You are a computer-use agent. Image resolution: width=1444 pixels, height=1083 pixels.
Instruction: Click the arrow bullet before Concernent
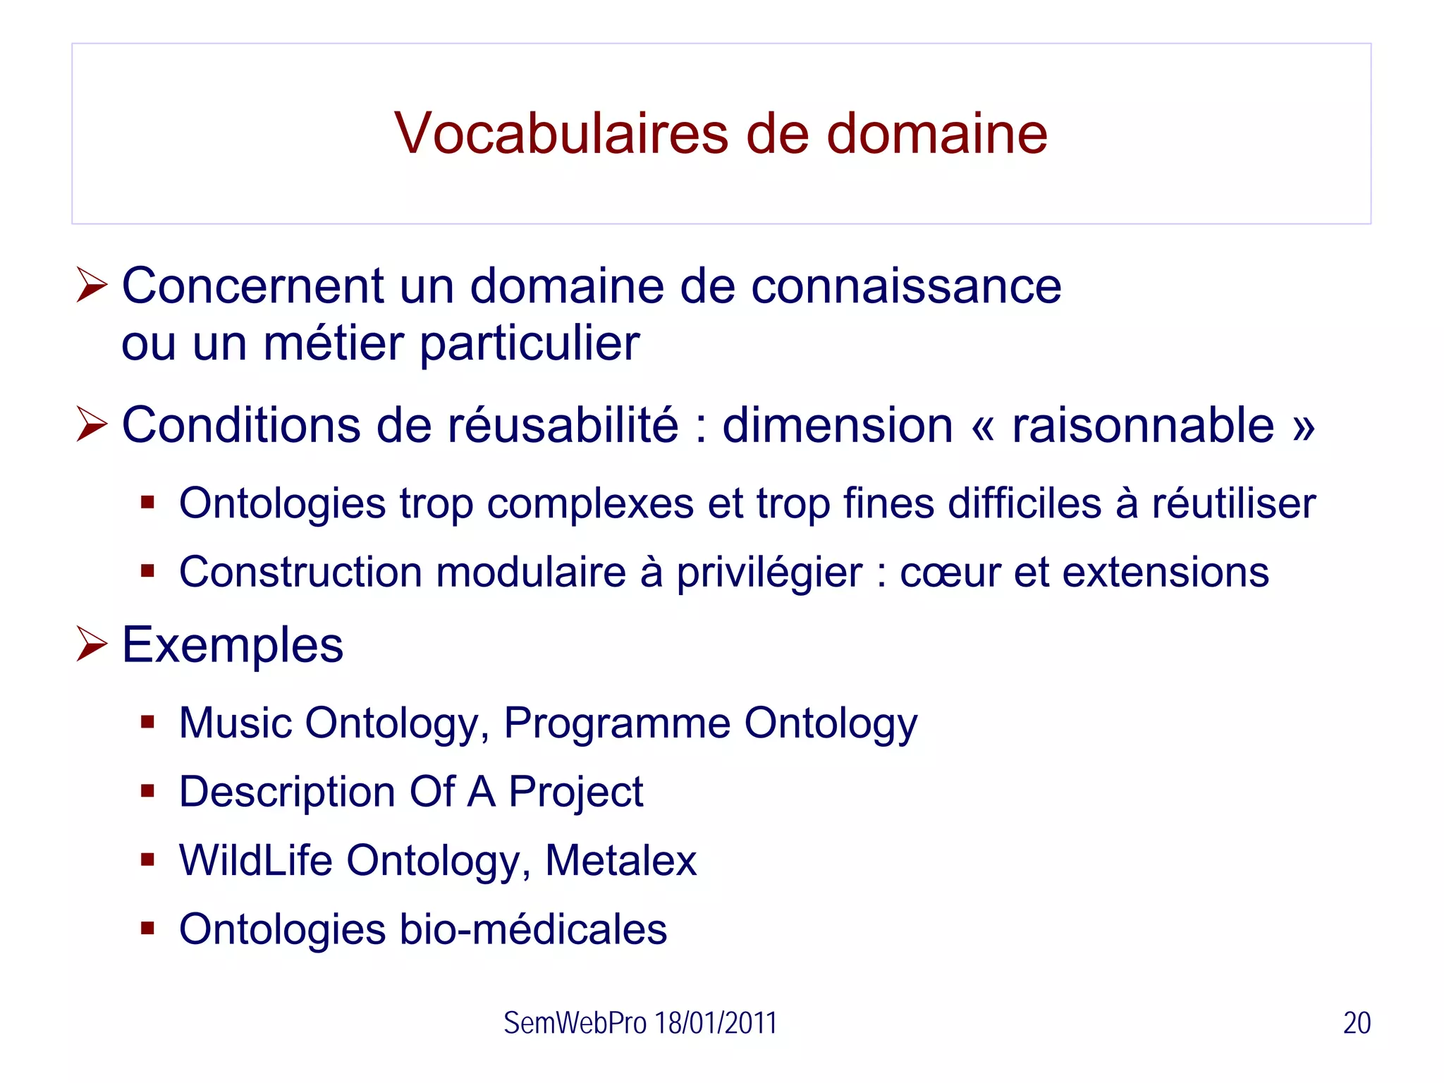pos(92,286)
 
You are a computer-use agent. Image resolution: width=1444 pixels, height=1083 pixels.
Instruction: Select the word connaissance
pos(906,286)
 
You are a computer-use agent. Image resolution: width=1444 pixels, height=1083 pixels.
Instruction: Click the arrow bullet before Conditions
pos(92,425)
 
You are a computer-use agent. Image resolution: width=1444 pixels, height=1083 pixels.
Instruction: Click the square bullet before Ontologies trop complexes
pos(147,503)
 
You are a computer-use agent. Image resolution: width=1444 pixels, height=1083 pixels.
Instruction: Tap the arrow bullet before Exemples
pos(92,644)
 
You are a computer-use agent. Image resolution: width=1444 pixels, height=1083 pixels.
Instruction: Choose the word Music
pos(235,723)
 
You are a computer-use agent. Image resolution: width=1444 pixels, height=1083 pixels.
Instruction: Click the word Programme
pos(617,724)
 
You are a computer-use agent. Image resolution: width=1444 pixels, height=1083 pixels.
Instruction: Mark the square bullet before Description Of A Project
pos(147,791)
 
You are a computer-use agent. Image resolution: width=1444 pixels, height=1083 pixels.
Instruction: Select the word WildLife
pos(255,860)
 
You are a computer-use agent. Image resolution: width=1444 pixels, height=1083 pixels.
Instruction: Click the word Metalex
pos(620,860)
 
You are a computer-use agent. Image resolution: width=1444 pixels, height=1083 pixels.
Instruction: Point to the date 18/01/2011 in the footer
pos(715,1023)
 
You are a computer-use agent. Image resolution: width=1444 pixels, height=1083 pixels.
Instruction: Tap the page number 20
pos(1357,1023)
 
